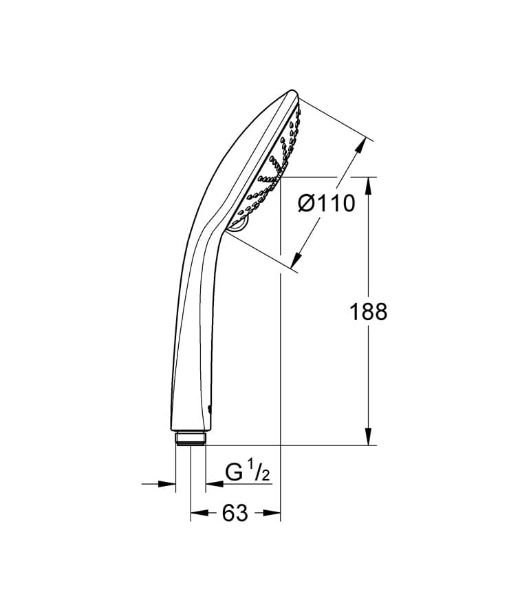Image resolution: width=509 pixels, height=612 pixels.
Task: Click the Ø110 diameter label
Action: (x=327, y=203)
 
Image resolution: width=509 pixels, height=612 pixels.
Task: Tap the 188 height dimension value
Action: (x=369, y=312)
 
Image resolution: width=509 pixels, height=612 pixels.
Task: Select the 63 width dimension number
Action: (x=235, y=514)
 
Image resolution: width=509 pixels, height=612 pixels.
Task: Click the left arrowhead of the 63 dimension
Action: (x=198, y=513)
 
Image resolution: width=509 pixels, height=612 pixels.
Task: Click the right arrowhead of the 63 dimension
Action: (x=274, y=513)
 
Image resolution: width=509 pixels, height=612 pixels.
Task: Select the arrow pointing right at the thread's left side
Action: (x=168, y=484)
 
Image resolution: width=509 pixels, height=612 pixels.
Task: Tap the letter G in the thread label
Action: (x=235, y=474)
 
